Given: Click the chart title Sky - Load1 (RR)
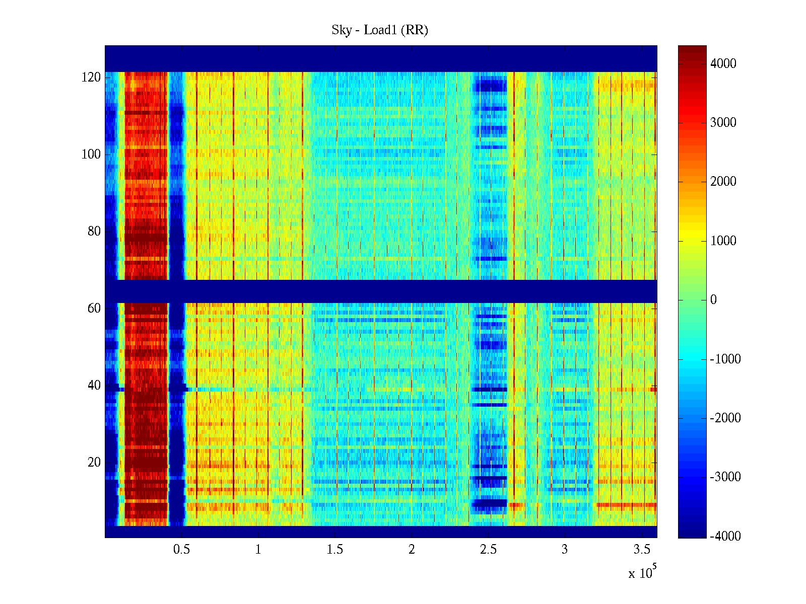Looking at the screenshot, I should [380, 30].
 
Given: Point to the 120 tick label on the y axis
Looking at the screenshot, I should [91, 78].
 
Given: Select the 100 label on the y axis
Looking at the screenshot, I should [91, 155].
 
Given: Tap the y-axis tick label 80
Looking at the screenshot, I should [94, 232].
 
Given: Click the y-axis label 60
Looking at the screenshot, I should [94, 309].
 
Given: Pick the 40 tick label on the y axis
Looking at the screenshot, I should [94, 386].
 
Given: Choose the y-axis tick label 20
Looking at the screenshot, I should [94, 463].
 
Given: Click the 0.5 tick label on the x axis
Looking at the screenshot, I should [181, 550].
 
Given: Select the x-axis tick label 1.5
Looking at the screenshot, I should [335, 550].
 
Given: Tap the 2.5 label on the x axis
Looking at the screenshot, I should [488, 550].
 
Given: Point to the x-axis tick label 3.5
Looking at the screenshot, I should [642, 550].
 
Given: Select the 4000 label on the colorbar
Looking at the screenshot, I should [723, 64].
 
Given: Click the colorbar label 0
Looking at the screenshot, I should [713, 300].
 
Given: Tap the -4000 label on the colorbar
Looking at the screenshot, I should [725, 537].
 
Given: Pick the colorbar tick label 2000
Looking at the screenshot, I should [723, 182].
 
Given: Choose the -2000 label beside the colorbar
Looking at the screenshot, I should [725, 418].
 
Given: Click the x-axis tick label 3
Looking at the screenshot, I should [565, 550].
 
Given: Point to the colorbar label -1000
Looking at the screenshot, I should [725, 359].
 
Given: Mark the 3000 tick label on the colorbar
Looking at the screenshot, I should [723, 123].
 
